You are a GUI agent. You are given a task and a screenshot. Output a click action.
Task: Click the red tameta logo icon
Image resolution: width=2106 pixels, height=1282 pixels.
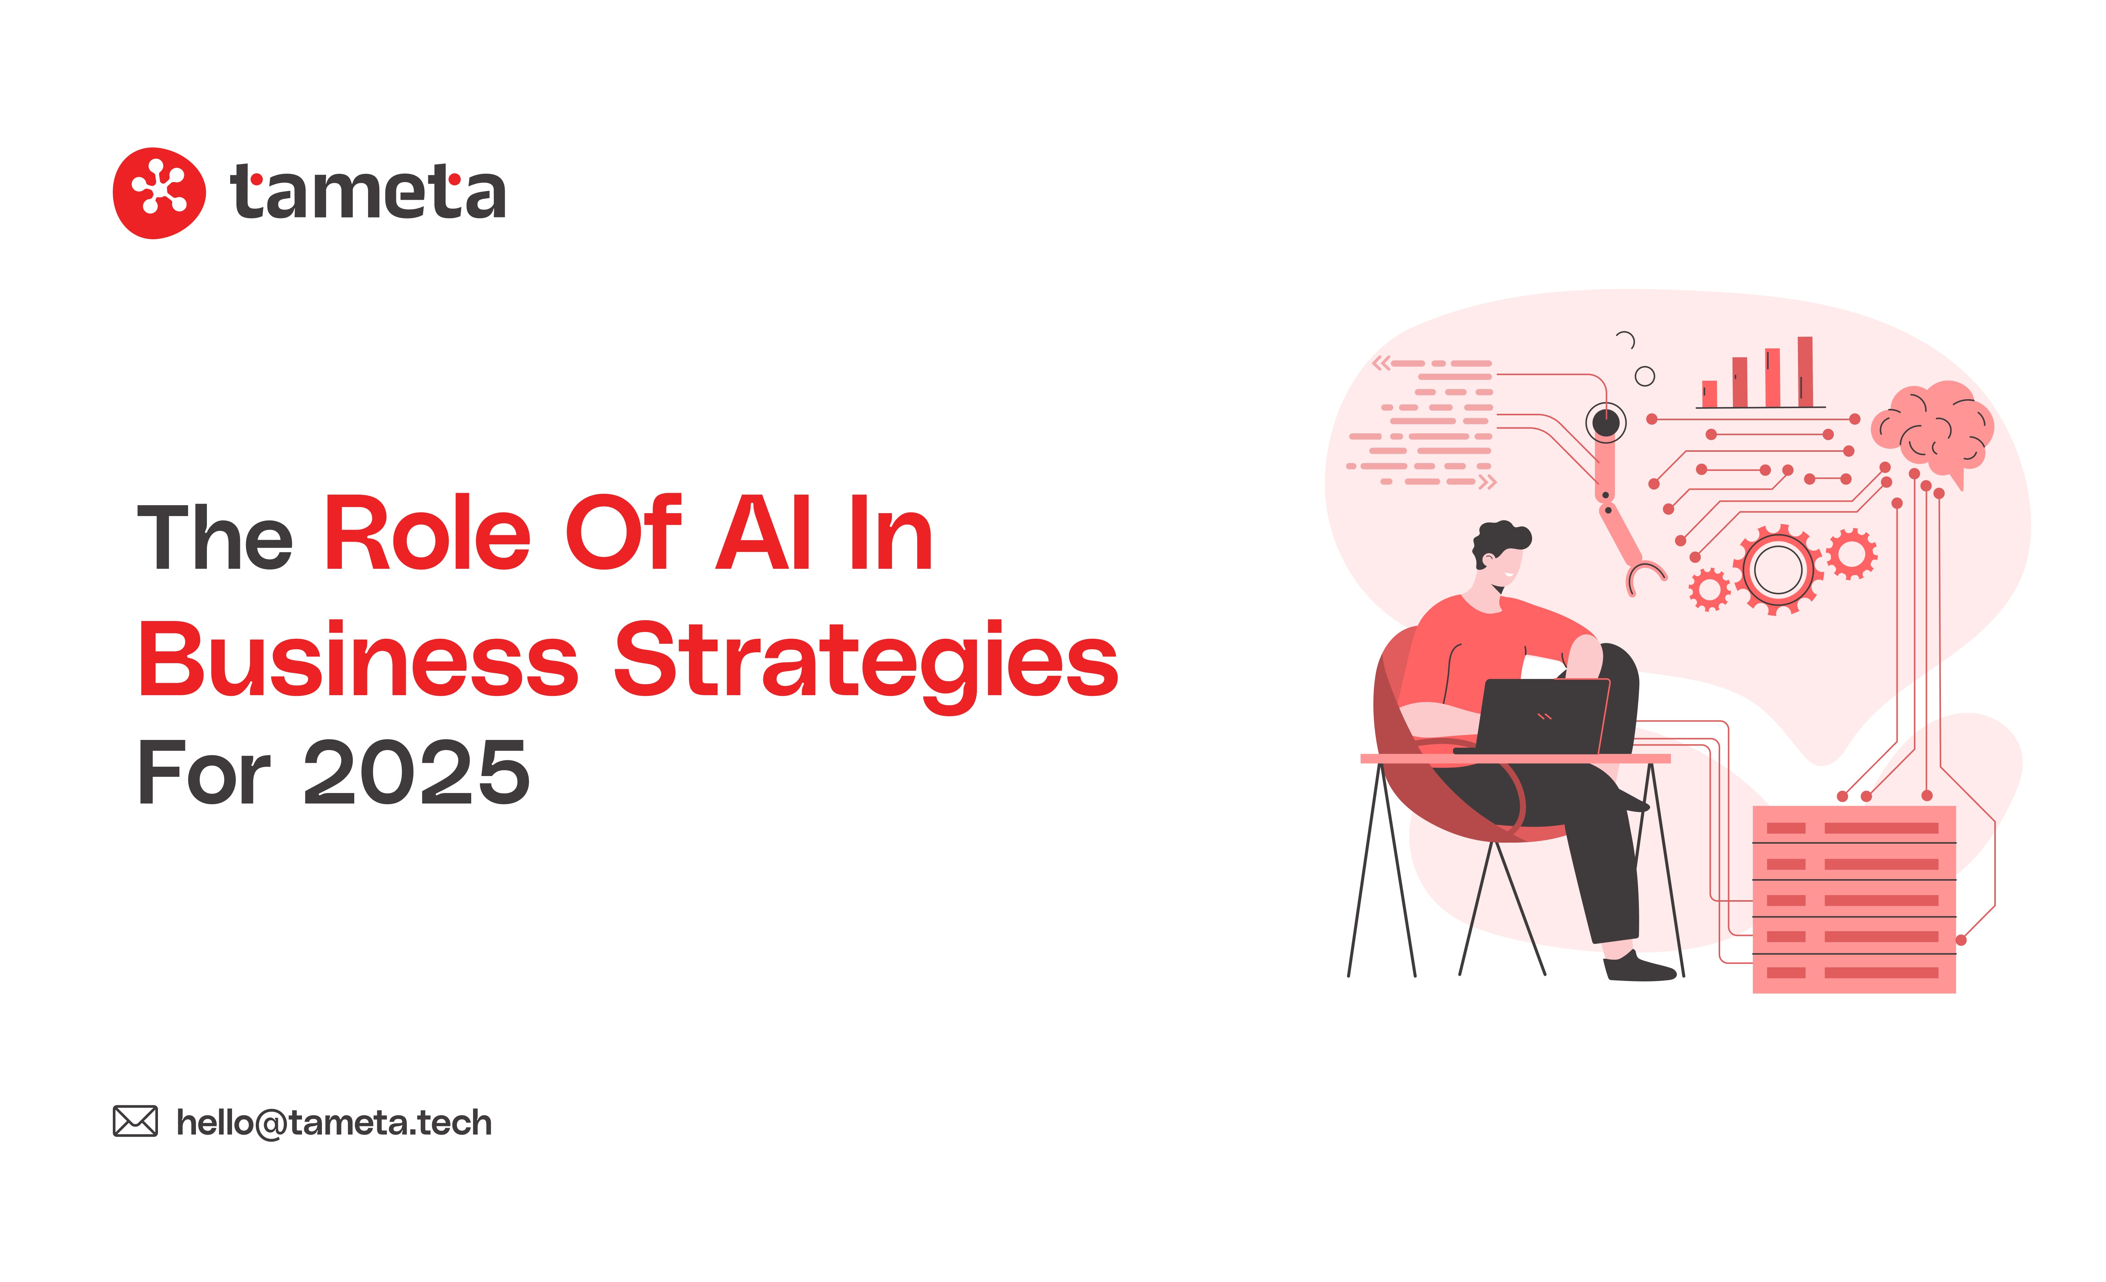click(159, 193)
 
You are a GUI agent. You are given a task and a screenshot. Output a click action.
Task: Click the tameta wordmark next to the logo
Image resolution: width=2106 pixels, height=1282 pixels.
click(367, 191)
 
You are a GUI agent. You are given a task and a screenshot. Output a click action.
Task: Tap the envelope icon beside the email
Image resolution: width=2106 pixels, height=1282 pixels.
click(135, 1121)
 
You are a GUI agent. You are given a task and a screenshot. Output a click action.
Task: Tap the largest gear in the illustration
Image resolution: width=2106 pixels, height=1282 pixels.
click(1778, 569)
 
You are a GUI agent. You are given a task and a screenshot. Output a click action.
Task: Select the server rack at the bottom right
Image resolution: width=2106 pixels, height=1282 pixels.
click(1854, 899)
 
